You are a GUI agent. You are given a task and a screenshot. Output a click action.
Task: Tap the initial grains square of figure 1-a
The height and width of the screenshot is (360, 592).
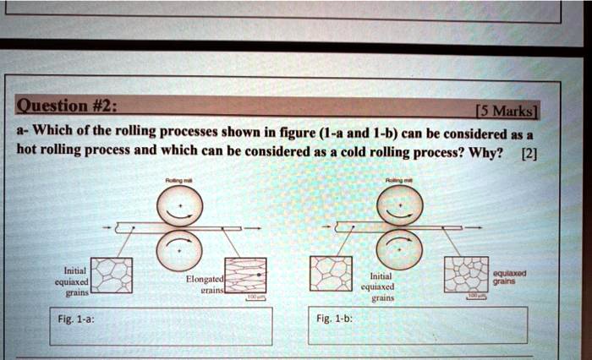(x=112, y=277)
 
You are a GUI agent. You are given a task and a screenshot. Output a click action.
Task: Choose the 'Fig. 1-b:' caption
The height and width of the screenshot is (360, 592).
(x=330, y=320)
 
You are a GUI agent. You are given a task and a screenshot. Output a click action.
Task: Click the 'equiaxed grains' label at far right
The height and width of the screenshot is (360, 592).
(x=511, y=277)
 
